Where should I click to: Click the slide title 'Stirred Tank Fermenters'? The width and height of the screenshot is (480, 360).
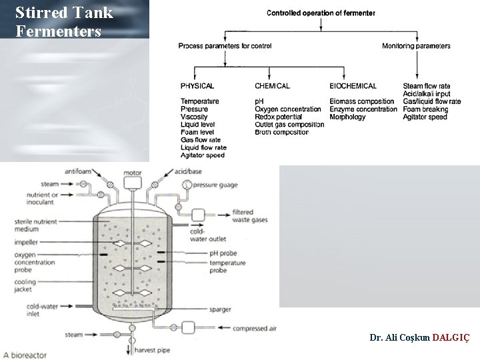point(63,22)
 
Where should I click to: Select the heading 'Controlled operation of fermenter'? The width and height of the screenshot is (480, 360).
point(321,13)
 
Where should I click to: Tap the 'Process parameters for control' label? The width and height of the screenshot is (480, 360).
point(225,46)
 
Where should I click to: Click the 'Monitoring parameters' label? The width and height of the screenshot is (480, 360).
point(416,46)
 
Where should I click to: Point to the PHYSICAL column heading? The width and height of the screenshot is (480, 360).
point(197,86)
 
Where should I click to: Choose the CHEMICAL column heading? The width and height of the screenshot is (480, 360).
point(272,86)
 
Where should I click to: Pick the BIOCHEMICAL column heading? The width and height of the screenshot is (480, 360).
point(353,86)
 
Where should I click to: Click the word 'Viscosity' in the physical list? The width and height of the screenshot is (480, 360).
point(194,117)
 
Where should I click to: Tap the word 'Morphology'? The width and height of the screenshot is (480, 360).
point(347,117)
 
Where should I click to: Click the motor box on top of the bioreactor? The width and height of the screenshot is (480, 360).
point(133,181)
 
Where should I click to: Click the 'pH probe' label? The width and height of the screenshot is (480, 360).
point(223,253)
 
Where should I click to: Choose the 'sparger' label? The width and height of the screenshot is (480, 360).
point(221,310)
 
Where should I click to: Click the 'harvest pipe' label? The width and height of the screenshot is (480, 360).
point(153,350)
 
